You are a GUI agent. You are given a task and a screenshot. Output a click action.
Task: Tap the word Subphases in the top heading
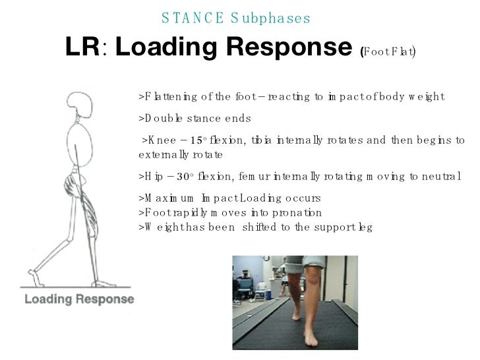(271, 18)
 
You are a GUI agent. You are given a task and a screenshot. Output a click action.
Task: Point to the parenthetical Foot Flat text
(388, 51)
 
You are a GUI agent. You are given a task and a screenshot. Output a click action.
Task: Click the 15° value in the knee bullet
(197, 140)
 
